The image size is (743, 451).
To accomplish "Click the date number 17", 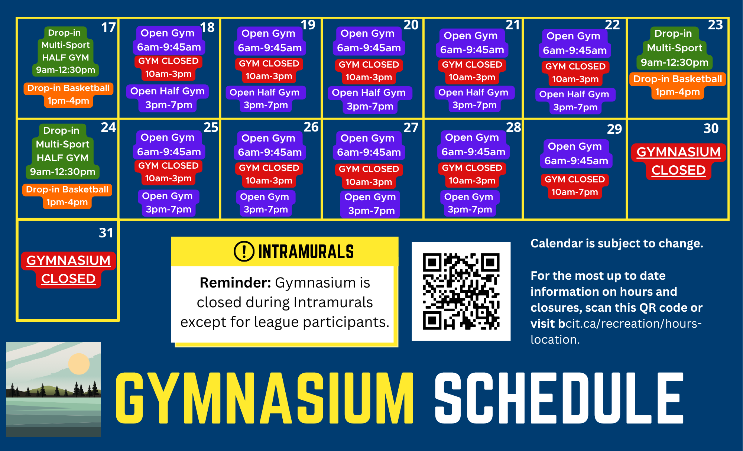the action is click(x=108, y=27).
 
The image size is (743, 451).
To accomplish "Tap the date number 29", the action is click(x=614, y=129).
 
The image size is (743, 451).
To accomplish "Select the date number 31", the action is click(x=106, y=233).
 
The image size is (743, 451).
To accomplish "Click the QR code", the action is click(x=461, y=291).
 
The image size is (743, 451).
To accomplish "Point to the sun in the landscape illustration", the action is click(x=79, y=364).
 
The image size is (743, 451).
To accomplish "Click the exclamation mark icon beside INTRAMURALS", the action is click(x=244, y=251).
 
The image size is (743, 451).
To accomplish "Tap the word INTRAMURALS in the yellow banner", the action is click(x=306, y=252).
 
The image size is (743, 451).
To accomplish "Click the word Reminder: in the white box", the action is click(x=236, y=283).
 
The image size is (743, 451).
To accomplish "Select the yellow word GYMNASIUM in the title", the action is click(x=265, y=398).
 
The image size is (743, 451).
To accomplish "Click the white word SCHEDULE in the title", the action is click(x=559, y=398).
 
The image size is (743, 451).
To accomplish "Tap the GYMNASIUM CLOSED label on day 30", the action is click(x=678, y=161).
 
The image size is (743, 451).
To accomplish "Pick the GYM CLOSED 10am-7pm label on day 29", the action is click(x=575, y=186).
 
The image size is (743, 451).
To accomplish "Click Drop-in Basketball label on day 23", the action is click(x=678, y=85).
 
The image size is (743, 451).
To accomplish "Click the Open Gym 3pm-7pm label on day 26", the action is click(x=266, y=203).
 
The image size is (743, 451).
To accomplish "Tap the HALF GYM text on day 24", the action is click(x=62, y=158).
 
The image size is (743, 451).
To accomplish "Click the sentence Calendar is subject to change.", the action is click(x=617, y=243).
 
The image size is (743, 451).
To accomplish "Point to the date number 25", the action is click(x=211, y=127).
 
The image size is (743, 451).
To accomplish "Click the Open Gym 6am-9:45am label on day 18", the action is click(x=169, y=40).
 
